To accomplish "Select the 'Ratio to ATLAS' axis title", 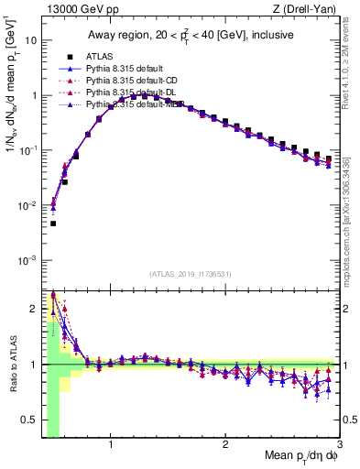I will [12, 364].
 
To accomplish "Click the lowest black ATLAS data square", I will [53, 224].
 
